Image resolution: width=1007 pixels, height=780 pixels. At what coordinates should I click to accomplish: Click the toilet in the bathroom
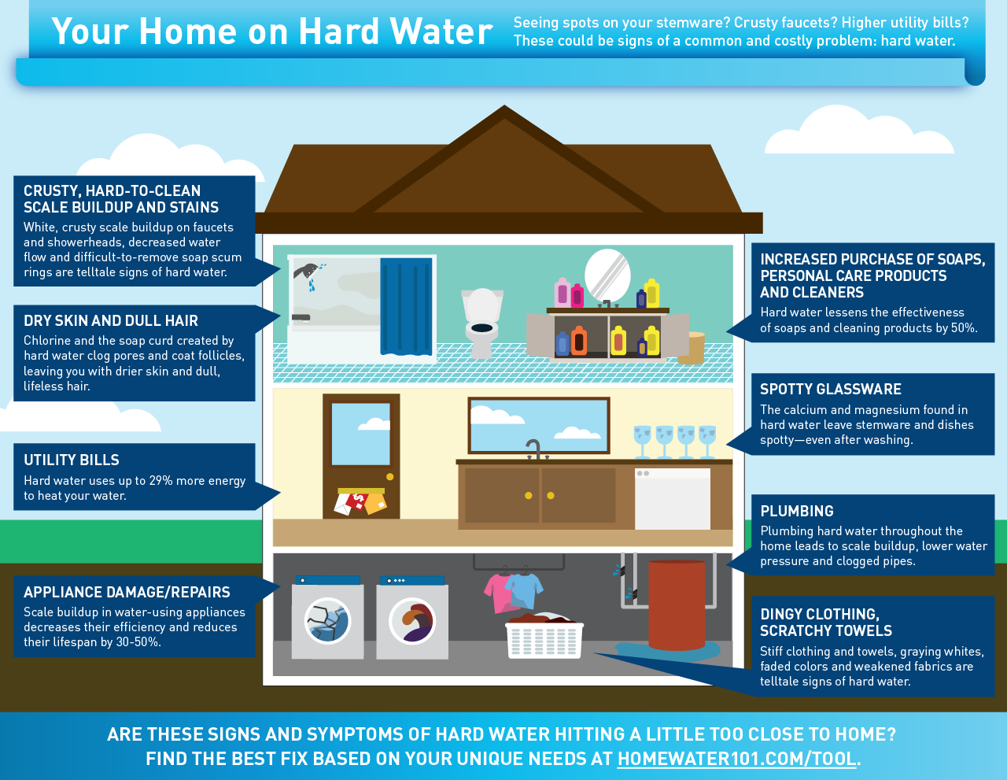pos(482,322)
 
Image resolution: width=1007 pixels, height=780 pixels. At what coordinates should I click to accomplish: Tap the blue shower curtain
pos(407,307)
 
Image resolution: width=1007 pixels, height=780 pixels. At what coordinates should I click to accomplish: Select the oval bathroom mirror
pos(607,276)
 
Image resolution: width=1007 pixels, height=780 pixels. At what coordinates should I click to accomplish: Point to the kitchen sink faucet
pos(534,448)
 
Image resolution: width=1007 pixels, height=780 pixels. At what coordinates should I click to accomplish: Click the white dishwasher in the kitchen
pos(673,498)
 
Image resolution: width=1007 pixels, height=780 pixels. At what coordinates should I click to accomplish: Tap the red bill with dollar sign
pos(358,501)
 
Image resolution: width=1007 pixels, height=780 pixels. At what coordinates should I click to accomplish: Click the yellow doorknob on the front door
pos(389,477)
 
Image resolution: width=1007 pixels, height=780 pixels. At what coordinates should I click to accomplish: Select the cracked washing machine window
pos(327,620)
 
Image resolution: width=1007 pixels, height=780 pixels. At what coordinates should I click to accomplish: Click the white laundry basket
pos(544,640)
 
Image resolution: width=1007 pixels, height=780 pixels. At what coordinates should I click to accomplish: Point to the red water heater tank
pos(677,604)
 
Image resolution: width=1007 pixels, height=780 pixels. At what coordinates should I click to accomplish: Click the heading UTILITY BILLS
pos(72,460)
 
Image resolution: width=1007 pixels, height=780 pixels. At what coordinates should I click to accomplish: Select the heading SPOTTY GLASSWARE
pos(831,389)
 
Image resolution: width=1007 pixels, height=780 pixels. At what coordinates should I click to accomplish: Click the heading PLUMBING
pos(797,511)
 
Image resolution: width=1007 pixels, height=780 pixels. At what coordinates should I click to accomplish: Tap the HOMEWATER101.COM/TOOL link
pos(736,759)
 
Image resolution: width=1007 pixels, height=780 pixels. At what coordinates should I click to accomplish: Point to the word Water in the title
pos(441,31)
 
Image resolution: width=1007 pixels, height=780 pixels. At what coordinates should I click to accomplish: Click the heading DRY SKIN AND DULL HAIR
pos(111,320)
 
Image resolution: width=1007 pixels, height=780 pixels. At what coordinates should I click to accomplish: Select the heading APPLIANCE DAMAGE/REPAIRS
pos(127,592)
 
